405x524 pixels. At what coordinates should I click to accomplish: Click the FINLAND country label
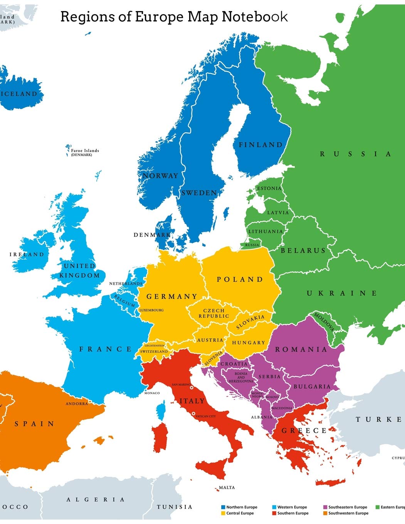pos(261,145)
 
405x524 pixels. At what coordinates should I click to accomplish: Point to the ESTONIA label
pos(269,188)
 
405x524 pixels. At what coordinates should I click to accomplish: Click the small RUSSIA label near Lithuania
pos(252,245)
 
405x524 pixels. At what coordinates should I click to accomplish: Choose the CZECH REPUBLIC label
pos(213,313)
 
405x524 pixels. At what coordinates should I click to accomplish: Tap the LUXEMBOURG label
pos(151,310)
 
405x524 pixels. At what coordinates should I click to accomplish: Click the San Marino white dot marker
pos(192,388)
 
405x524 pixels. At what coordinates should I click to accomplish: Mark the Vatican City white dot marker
pos(193,413)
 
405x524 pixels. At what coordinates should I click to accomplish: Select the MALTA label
pos(227,488)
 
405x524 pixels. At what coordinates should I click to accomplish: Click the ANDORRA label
pos(77,404)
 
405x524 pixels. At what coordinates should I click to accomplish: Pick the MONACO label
pos(152,393)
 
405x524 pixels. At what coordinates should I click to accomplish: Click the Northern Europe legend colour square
pos(223,507)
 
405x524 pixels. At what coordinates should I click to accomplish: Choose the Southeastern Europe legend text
pos(348,507)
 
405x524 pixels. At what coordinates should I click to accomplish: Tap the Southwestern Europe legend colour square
pos(325,513)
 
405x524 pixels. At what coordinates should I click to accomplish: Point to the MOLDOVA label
pos(324,322)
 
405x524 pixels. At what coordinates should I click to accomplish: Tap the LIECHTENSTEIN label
pos(155,346)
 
